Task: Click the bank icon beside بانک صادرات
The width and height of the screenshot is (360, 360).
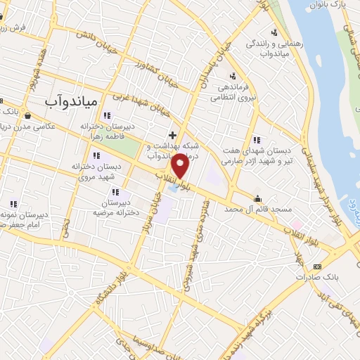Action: tap(317, 266)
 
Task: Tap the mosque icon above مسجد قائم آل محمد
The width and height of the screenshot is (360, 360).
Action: tap(259, 198)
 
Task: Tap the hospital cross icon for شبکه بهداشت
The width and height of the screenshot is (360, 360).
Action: tap(172, 134)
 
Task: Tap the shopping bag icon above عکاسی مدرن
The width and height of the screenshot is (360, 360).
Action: tap(27, 115)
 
